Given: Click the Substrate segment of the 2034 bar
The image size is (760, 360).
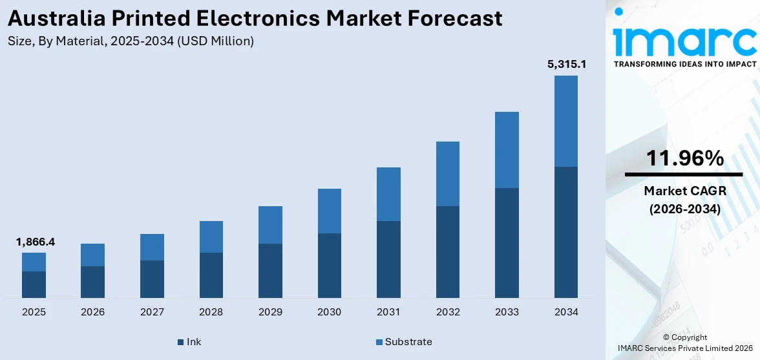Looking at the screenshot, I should [565, 121].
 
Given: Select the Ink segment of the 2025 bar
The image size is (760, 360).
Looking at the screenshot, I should [34, 284].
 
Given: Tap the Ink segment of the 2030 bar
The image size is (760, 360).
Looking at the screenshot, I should [329, 265].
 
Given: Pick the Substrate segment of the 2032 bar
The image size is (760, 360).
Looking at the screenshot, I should [447, 174].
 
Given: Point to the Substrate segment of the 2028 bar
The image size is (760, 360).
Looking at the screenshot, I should [211, 237].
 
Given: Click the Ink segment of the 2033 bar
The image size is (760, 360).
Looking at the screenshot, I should [507, 242].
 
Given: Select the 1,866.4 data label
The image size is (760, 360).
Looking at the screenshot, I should [36, 242].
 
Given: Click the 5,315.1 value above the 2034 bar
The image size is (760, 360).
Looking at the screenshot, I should [567, 65].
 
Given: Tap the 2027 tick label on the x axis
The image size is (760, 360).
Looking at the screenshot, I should [152, 312].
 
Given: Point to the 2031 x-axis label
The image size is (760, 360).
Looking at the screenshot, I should [388, 312].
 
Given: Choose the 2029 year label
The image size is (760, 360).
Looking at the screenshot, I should [270, 312].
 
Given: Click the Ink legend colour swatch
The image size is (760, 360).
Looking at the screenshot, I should [180, 342].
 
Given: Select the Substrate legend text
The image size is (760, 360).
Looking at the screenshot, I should [408, 342].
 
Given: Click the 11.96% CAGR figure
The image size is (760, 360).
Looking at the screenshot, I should [684, 158].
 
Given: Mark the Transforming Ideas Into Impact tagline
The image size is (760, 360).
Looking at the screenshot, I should [684, 64].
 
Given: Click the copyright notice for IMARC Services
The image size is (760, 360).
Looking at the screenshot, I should [684, 343].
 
